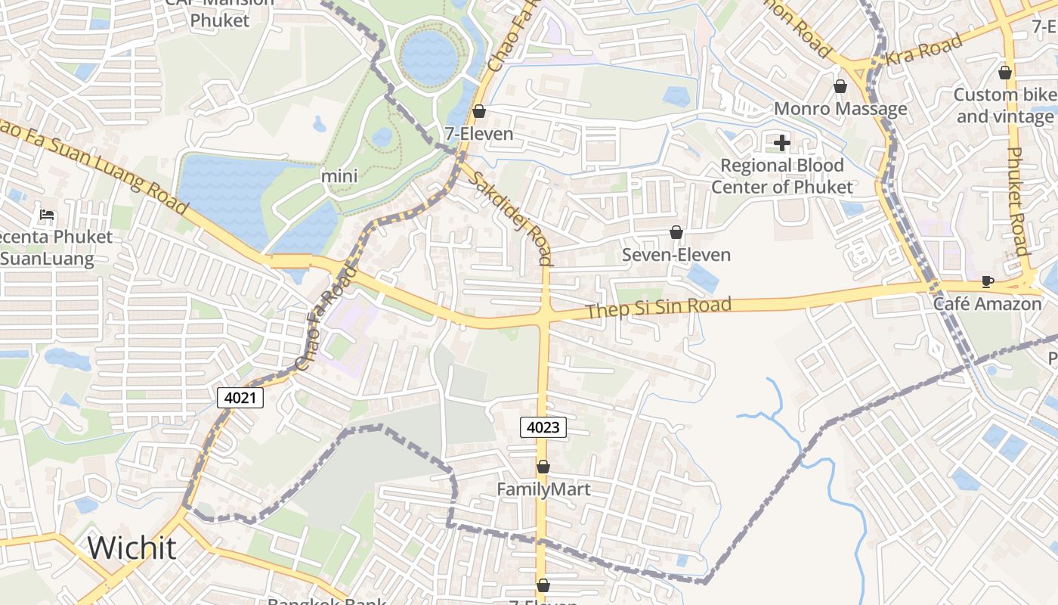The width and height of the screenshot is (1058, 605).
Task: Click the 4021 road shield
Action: (x=240, y=397)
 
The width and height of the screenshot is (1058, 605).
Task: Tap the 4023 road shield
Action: (x=543, y=427)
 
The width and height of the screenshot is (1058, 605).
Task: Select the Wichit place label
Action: (x=132, y=548)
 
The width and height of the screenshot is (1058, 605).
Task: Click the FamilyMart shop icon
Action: (x=543, y=467)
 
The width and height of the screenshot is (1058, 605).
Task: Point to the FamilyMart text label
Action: (x=543, y=489)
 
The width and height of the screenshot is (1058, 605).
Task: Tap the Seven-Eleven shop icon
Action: (x=676, y=232)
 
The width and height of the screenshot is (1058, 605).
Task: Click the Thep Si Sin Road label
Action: (x=659, y=308)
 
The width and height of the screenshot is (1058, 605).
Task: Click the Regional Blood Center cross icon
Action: (x=782, y=142)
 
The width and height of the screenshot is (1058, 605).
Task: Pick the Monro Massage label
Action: (x=840, y=109)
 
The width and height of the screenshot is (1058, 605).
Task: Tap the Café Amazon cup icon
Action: (x=987, y=282)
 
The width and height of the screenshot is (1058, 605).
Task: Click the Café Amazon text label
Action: (x=987, y=304)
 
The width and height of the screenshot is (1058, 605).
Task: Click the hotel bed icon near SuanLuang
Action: (x=47, y=215)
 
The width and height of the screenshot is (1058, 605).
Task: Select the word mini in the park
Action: (x=339, y=176)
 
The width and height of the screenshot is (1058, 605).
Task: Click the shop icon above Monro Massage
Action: (x=840, y=86)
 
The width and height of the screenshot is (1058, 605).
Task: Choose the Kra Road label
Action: (x=925, y=48)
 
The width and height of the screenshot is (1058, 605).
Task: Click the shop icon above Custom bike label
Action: (x=1005, y=73)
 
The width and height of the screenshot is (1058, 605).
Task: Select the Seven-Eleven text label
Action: (x=676, y=255)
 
